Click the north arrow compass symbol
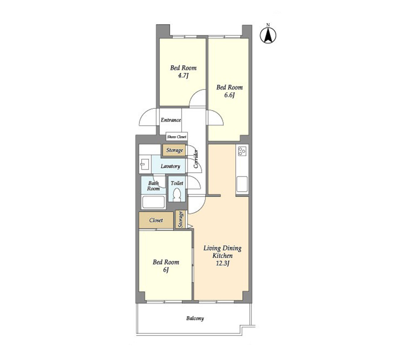point(268,35)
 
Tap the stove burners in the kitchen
point(242,151)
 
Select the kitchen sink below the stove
point(242,184)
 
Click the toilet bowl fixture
point(177,195)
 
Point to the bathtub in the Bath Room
point(154,202)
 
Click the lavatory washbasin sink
point(145,164)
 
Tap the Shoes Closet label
point(177,137)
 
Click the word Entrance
point(171,120)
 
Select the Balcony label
point(195,318)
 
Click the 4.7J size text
point(183,75)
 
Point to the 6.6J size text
point(229,95)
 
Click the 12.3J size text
point(223,263)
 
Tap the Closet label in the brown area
point(156,220)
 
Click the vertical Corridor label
point(196,159)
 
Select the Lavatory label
point(170,166)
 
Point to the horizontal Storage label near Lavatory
point(174,150)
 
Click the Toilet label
point(177,183)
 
